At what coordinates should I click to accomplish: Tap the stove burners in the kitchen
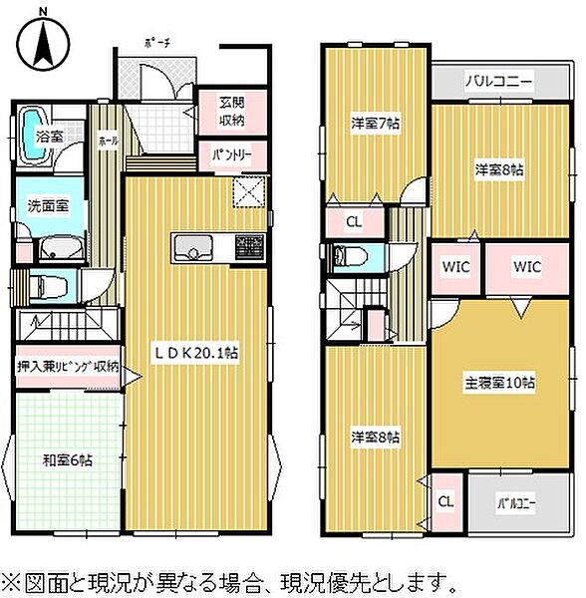[x=251, y=245]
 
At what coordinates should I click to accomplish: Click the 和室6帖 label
[x=67, y=460]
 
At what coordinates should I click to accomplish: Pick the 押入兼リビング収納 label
[x=69, y=367]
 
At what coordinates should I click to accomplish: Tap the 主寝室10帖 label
[x=498, y=383]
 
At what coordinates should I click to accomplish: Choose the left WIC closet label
[x=456, y=267]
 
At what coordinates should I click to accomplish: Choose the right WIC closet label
[x=527, y=267]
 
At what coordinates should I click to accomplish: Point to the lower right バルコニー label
[x=516, y=504]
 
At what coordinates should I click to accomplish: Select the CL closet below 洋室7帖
[x=354, y=221]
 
